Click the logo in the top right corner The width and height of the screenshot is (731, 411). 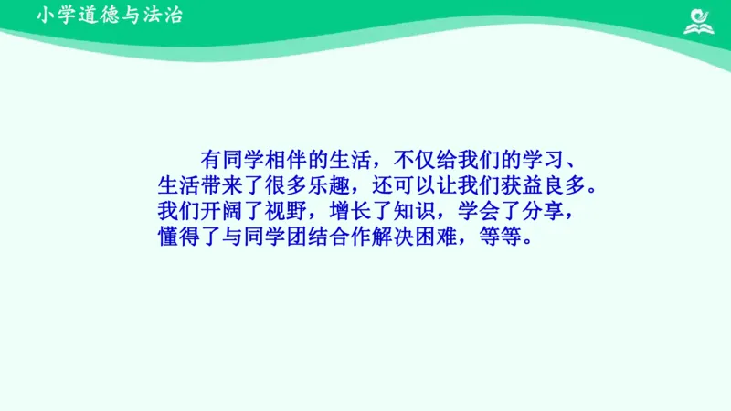point(702,21)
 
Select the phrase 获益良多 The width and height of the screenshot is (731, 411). point(542,185)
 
